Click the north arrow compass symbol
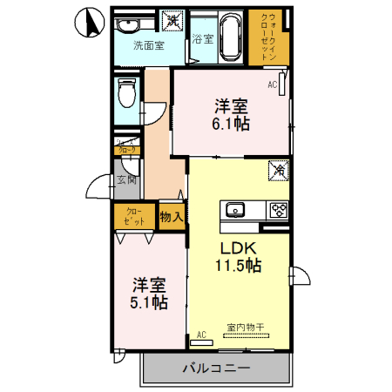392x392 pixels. pyautogui.click(x=89, y=24)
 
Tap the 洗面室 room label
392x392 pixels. pyautogui.click(x=148, y=45)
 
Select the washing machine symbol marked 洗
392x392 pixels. pyautogui.click(x=173, y=19)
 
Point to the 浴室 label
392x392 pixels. pyautogui.click(x=202, y=38)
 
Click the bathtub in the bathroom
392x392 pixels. pyautogui.click(x=231, y=37)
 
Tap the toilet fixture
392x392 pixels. pyautogui.click(x=127, y=91)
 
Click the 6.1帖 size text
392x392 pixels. pyautogui.click(x=231, y=125)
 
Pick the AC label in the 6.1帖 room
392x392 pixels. pyautogui.click(x=272, y=84)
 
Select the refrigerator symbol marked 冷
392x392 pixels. pyautogui.click(x=279, y=172)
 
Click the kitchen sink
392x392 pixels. pyautogui.click(x=235, y=209)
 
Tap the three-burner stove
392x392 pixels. pyautogui.click(x=278, y=210)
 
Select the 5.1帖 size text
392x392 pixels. pyautogui.click(x=150, y=303)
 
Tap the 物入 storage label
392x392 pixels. pyautogui.click(x=171, y=217)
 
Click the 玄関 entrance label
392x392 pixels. pyautogui.click(x=126, y=181)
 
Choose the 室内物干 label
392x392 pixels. pyautogui.click(x=249, y=328)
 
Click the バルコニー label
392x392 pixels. pyautogui.click(x=216, y=368)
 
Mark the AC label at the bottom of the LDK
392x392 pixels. pyautogui.click(x=201, y=335)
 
